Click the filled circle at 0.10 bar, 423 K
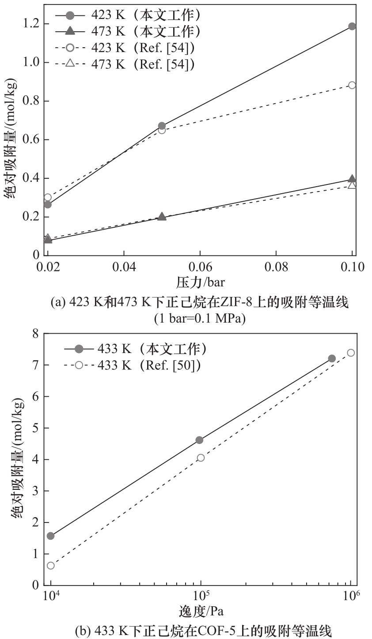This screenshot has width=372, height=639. (x=352, y=26)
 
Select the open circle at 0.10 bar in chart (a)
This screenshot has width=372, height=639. (x=352, y=85)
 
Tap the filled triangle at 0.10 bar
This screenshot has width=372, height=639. (x=352, y=179)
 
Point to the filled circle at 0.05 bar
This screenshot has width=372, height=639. (x=162, y=126)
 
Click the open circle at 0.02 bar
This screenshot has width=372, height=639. (x=48, y=197)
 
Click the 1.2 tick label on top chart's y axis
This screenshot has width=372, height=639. (x=32, y=23)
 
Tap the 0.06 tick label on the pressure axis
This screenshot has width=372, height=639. (x=200, y=267)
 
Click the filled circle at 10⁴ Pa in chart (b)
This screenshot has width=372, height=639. (x=50, y=536)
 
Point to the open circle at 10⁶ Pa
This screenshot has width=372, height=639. (x=351, y=353)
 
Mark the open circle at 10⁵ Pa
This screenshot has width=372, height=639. (x=201, y=458)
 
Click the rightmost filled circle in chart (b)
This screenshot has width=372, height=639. (x=332, y=358)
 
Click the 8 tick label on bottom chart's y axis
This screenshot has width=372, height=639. (x=36, y=333)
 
